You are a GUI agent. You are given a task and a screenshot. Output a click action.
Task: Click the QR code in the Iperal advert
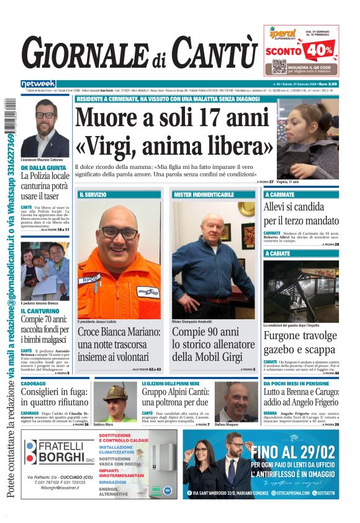279,66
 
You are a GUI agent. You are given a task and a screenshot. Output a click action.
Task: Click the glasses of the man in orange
119,232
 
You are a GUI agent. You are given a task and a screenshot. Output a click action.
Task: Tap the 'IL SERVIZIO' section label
92,194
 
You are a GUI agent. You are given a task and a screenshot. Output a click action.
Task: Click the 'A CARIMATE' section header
279,194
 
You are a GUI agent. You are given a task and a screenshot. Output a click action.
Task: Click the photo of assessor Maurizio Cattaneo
45,127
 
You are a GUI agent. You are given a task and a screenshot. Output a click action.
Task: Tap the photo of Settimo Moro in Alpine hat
115,401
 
